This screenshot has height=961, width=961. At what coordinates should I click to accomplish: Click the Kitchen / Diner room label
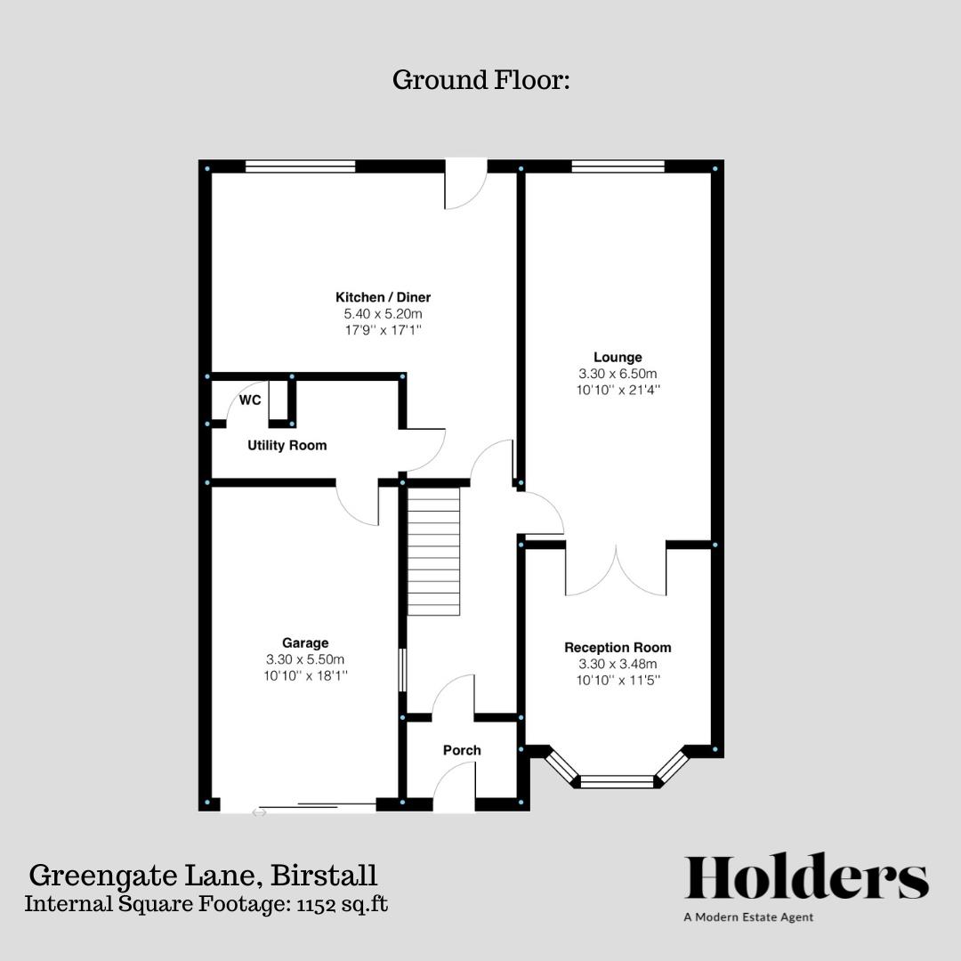point(383,297)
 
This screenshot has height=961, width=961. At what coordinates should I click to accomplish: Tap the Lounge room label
point(618,358)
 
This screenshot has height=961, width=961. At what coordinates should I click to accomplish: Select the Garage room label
point(305,642)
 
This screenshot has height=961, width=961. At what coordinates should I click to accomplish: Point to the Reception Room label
point(618,647)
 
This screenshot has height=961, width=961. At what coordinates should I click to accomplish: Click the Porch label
point(462,750)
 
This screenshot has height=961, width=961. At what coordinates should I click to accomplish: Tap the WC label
point(250,400)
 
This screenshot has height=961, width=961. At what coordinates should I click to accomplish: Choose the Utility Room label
point(287,445)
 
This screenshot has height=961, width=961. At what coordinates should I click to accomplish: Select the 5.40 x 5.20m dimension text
point(383,314)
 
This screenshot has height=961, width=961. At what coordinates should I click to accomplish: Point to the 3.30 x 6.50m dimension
point(618,374)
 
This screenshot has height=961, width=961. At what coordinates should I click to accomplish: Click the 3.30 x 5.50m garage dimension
point(305,659)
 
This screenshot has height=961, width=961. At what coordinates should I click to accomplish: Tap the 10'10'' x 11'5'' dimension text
point(618,681)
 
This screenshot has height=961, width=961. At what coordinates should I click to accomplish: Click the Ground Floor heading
point(480,80)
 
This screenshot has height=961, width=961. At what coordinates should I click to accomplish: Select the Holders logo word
point(806,878)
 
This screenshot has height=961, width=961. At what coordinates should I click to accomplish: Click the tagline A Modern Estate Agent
point(748,917)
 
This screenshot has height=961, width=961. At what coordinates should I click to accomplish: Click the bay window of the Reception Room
point(617,780)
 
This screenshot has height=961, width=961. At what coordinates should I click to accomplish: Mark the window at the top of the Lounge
point(618,166)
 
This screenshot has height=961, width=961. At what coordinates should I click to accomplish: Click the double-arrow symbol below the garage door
point(259,812)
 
